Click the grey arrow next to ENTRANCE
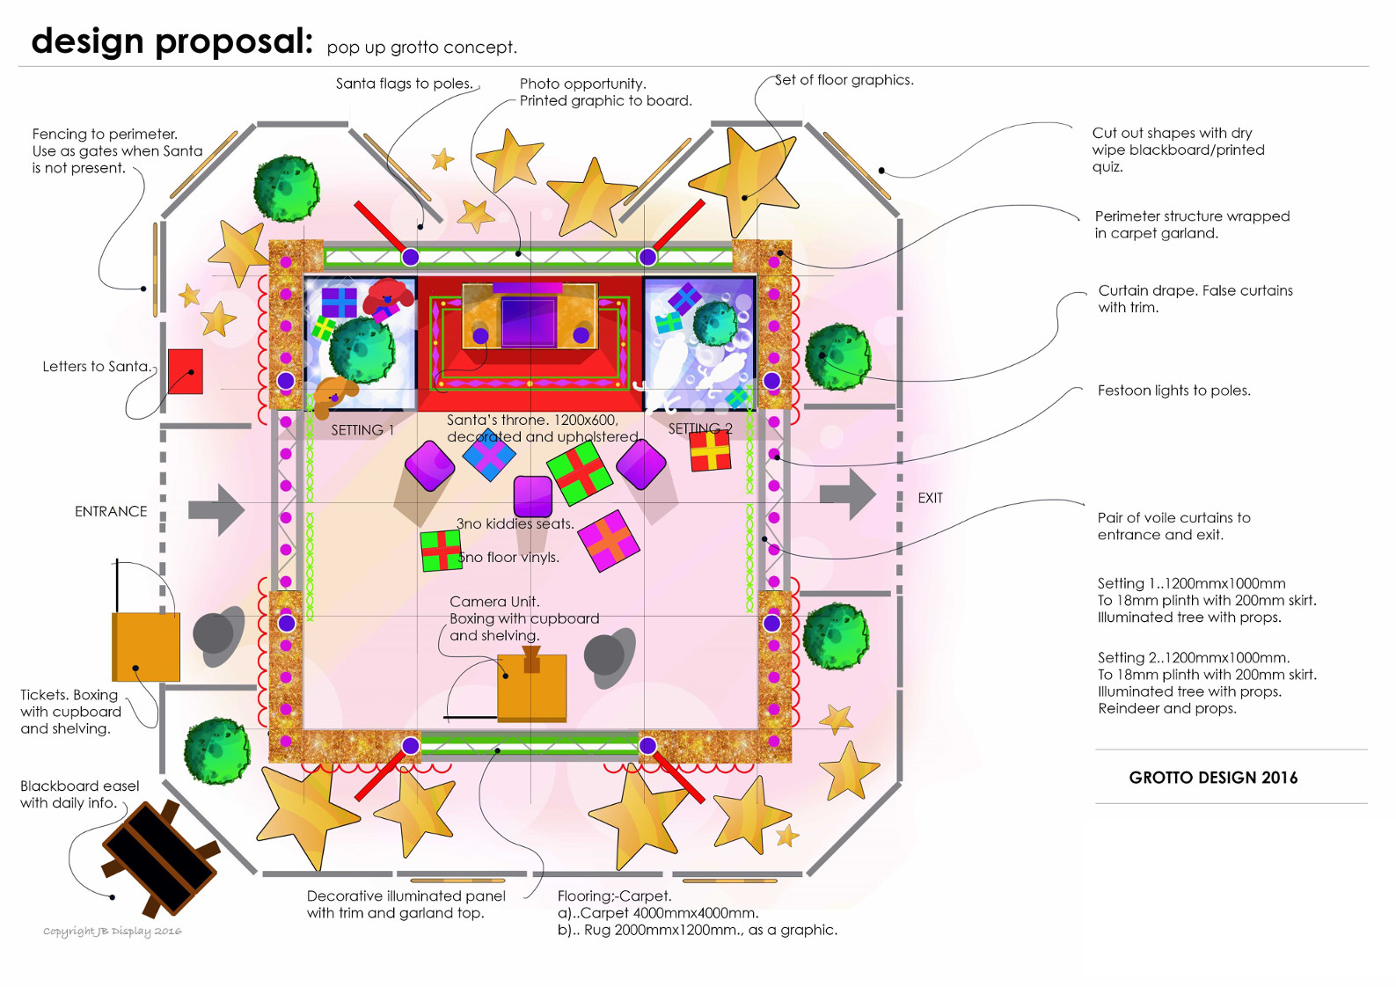coord(216,509)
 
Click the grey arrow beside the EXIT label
coord(848,494)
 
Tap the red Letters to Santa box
coord(186,371)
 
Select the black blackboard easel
coord(160,859)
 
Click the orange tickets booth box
coord(146,647)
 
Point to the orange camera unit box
coord(531,686)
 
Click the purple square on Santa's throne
coord(528,322)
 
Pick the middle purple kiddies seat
coord(532,495)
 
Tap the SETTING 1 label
coord(362,430)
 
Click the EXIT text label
coord(930,498)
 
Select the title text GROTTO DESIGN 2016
coord(1213,778)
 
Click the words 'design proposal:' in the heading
coord(172,41)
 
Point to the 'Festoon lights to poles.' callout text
coord(1173,391)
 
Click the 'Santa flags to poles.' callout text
coord(405,84)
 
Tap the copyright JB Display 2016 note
coord(113,931)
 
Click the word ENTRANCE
coord(111,511)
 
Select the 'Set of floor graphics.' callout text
coord(844,80)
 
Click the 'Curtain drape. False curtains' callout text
coord(1195,290)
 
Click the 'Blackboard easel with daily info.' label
coord(79,794)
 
